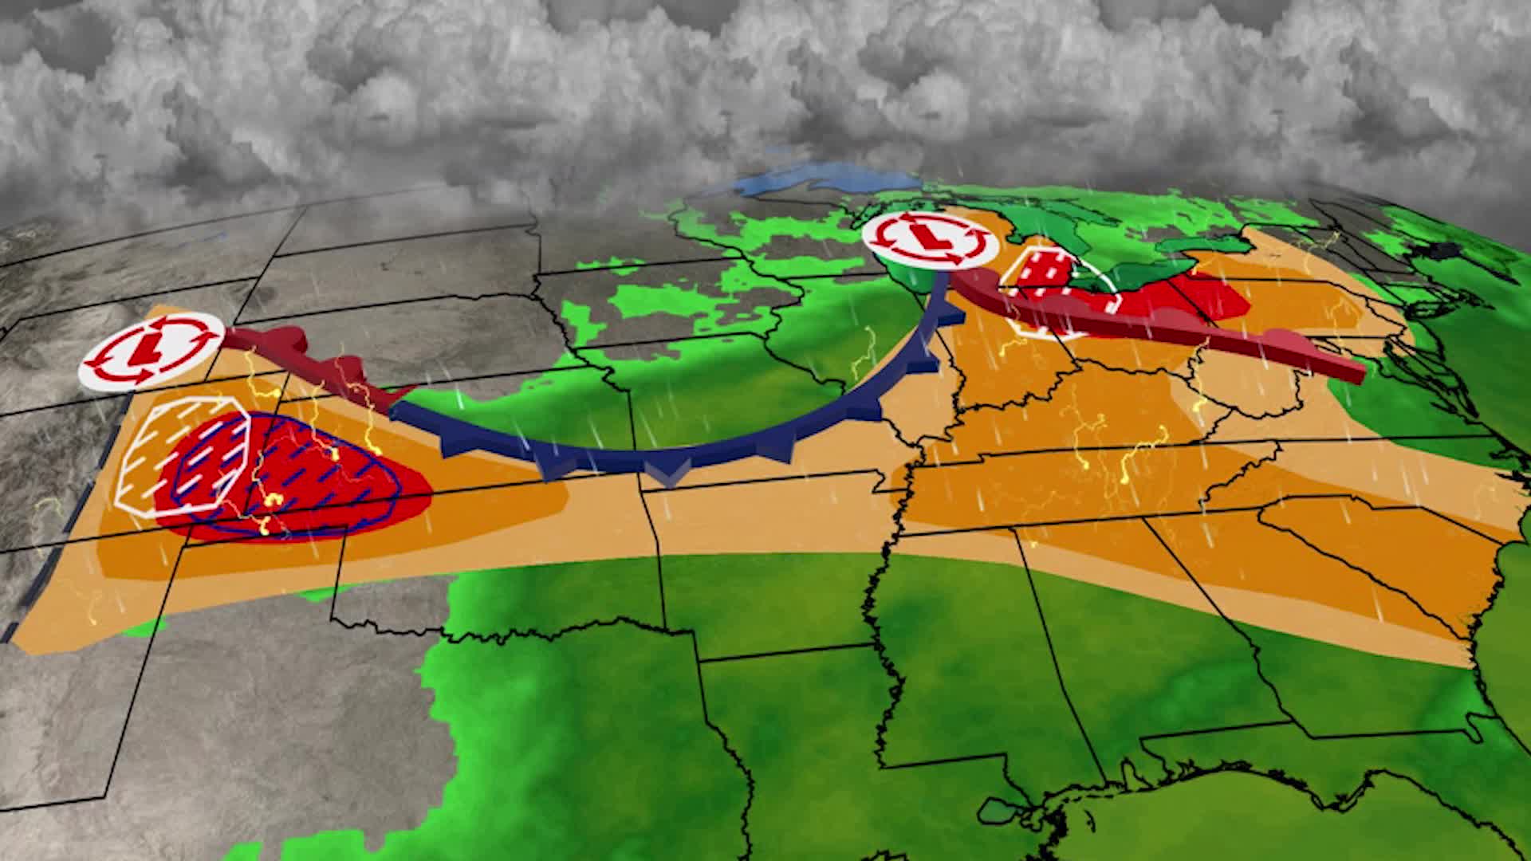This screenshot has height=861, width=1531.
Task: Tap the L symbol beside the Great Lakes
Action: [928, 236]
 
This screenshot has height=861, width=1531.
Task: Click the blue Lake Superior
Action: [805, 180]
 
